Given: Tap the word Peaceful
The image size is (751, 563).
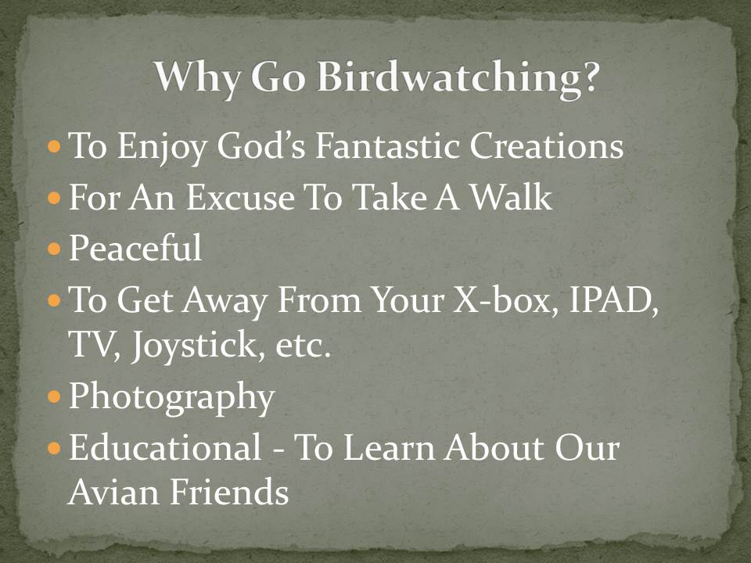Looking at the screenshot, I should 135,249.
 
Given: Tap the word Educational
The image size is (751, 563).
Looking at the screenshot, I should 165,448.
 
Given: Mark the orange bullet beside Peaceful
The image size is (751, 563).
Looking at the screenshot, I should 54,250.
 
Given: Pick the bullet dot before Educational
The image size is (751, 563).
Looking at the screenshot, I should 54,449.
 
